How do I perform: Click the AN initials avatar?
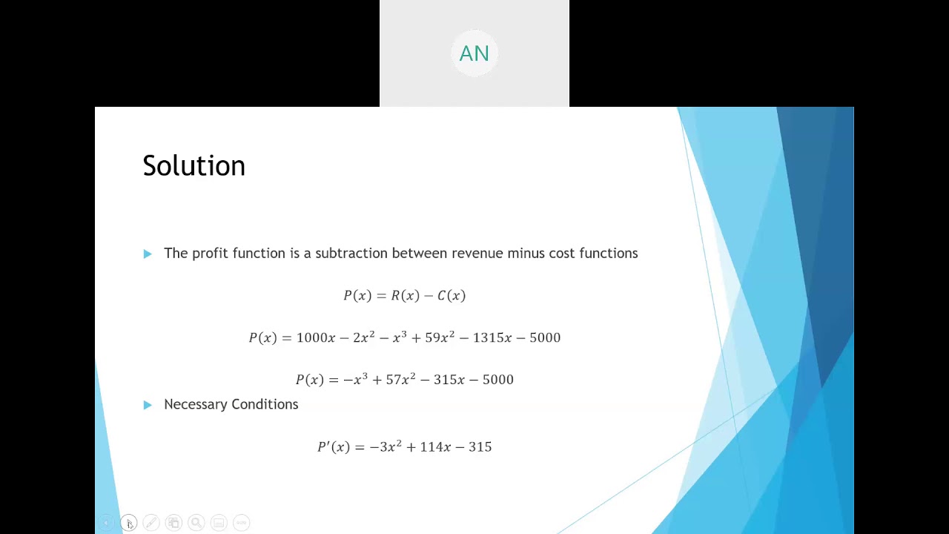tap(474, 53)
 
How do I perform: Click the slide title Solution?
tap(194, 165)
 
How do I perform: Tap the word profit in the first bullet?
tap(210, 254)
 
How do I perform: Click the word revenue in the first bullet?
tap(477, 254)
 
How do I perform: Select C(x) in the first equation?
tap(452, 296)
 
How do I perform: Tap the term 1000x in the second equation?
tap(316, 338)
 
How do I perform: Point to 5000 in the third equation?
tap(497, 380)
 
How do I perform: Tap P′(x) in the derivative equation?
tap(333, 447)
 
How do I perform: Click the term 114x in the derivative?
tap(435, 447)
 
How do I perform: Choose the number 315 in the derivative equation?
tap(480, 447)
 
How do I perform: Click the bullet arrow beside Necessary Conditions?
tap(148, 404)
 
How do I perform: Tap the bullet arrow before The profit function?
tap(148, 254)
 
